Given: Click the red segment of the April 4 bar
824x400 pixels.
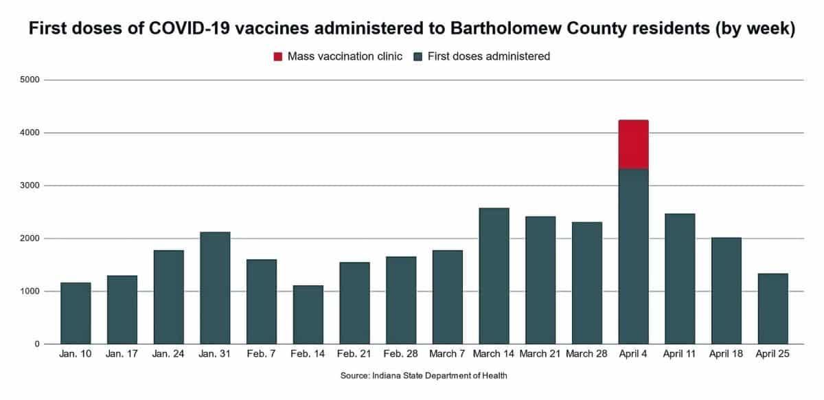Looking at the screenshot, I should click(x=633, y=144).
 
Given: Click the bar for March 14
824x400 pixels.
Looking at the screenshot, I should click(x=494, y=276).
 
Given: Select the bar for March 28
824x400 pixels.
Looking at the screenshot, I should click(x=586, y=282).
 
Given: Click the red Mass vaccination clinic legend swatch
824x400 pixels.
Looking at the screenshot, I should click(x=277, y=56).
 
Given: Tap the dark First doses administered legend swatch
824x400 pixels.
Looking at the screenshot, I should click(x=418, y=56).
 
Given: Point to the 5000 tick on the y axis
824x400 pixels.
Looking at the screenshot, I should click(x=33, y=80).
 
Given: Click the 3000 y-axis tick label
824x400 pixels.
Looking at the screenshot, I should click(x=33, y=186).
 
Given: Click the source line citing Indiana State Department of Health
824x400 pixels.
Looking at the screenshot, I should click(x=424, y=376).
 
